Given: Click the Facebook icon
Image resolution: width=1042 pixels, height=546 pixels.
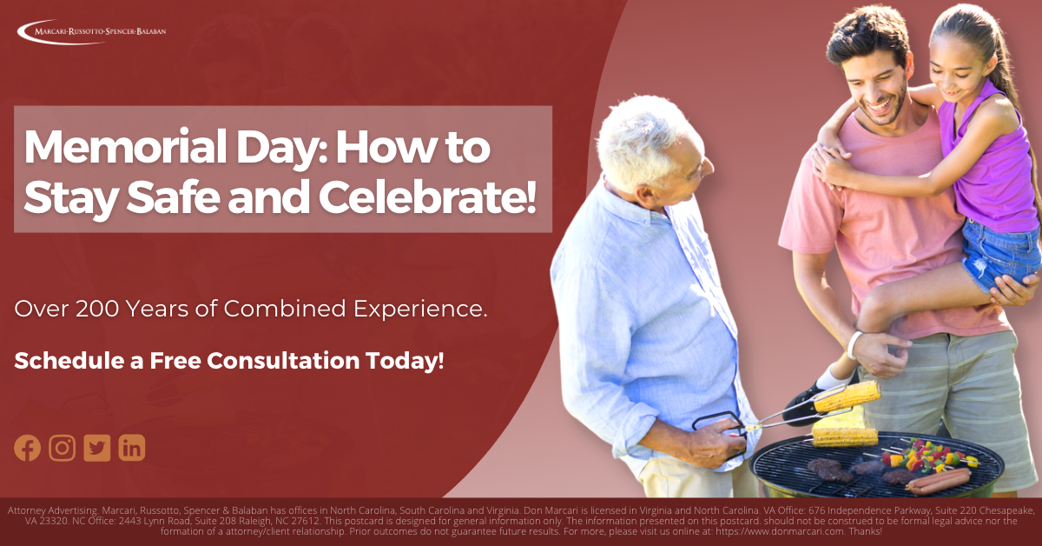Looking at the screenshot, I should coord(28,448).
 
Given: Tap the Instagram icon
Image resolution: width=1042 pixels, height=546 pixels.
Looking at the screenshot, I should coord(62,448).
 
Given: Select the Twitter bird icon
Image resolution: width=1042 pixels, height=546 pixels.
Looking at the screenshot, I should coord(97,448).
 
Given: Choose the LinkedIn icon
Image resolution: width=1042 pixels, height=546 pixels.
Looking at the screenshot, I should coord(132,448).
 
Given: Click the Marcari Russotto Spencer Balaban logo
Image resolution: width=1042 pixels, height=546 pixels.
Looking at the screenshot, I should coord(91,31).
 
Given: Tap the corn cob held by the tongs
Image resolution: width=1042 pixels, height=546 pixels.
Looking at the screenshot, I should coord(846,397).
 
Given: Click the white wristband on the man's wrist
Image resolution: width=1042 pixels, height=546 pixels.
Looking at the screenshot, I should coord(854,344).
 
